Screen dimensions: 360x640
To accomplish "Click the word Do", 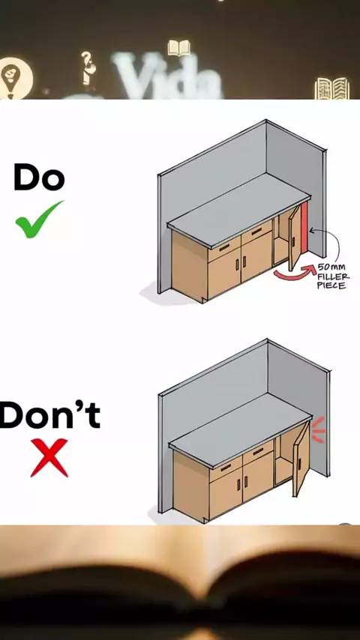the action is [x=39, y=177].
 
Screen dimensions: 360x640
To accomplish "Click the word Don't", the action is [x=50, y=414].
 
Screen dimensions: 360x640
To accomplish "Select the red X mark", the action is [x=49, y=458].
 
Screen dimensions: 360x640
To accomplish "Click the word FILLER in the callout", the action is [x=333, y=277].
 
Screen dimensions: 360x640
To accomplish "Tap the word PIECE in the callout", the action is [x=331, y=285].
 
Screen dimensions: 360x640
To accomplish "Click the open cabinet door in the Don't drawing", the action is [x=301, y=459].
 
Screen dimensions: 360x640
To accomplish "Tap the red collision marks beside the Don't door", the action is [x=319, y=429].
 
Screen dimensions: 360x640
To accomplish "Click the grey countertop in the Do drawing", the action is [x=239, y=208].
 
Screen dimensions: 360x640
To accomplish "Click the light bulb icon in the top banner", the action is [x=15, y=77].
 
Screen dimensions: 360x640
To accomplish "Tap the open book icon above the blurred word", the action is [x=179, y=48].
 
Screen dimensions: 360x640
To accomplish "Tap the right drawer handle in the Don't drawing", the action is [x=258, y=451].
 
